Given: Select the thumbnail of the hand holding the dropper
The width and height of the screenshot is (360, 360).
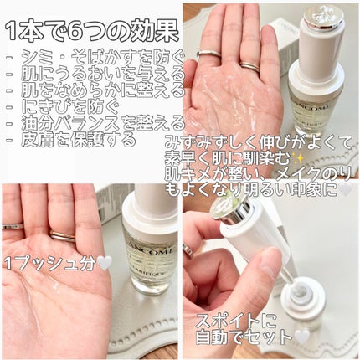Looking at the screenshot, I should [270, 272].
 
